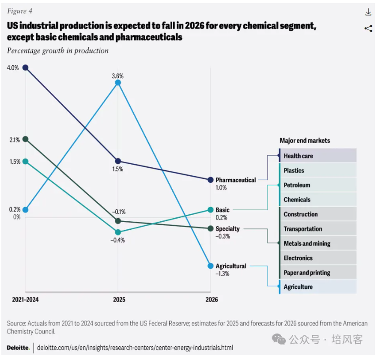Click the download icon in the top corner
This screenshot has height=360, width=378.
368,12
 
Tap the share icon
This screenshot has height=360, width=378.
368,29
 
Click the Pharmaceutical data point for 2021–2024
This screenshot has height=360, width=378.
26,68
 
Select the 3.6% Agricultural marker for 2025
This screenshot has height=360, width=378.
118,83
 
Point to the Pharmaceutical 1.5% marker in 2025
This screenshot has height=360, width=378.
118,161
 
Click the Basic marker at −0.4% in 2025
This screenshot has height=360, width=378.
118,232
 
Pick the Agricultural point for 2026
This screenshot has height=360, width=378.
211,266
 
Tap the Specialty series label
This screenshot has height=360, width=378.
227,229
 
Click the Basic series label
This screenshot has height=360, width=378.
223,210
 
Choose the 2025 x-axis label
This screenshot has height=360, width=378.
119,299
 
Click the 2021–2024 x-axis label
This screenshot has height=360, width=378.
26,299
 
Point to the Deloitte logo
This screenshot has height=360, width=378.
18,348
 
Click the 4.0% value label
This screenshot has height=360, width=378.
13,68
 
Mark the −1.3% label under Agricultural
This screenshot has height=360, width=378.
223,274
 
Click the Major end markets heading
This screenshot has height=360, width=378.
305,140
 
